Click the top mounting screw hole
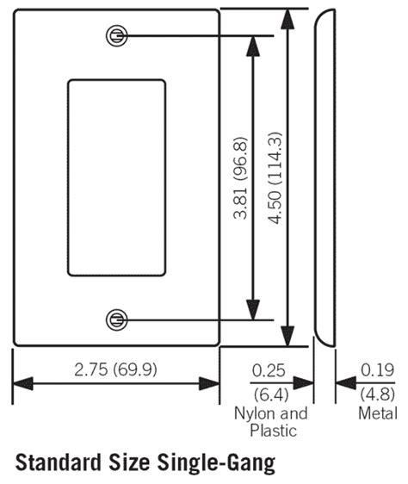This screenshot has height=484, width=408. (115, 35)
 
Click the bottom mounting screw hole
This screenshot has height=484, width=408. (115, 320)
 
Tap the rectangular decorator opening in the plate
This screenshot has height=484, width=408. (115, 178)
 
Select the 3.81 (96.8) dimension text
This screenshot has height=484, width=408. (242, 178)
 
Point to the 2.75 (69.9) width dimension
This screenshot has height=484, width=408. (115, 370)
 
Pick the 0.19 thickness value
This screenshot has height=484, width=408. (378, 371)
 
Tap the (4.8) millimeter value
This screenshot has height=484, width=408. (378, 394)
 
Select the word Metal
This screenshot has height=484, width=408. (378, 413)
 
